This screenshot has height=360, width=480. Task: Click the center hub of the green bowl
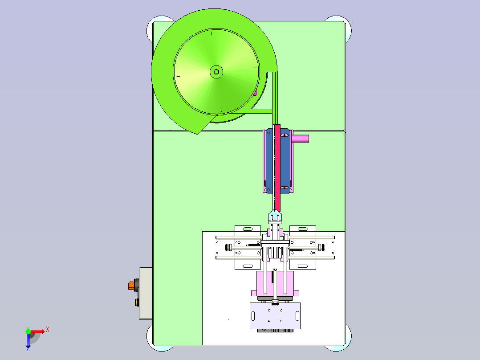click(216, 72)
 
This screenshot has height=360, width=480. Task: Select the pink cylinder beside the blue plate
click(300, 139)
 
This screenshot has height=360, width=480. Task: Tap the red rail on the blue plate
click(277, 168)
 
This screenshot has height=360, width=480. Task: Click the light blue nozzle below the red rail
click(275, 216)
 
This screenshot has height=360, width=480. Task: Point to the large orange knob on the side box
click(132, 285)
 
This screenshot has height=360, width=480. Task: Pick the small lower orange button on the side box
click(137, 303)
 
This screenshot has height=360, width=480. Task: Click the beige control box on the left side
click(146, 294)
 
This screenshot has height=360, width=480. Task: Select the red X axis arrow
click(38, 331)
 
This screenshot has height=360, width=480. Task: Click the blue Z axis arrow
click(28, 341)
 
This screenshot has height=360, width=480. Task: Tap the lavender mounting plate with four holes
click(275, 316)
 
